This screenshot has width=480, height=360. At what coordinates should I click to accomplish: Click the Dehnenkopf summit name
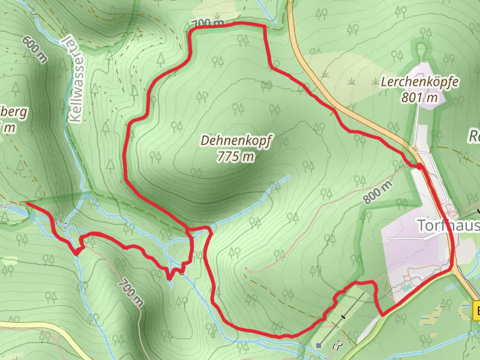[236, 142]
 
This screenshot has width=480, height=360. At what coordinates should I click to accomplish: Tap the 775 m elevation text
[236, 157]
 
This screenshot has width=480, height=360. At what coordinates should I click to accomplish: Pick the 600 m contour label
[35, 49]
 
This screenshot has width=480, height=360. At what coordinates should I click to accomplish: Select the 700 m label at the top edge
[208, 23]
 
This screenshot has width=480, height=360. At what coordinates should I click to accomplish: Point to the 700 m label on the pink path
[131, 292]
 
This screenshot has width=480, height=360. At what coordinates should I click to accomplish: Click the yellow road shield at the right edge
[476, 311]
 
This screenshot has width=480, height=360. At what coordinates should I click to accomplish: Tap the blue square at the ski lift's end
[319, 346]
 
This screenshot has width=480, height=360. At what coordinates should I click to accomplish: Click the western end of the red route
[28, 204]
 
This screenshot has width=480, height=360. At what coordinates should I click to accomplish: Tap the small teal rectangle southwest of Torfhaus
[407, 287]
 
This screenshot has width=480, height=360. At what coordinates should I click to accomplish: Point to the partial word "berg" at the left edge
[15, 112]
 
